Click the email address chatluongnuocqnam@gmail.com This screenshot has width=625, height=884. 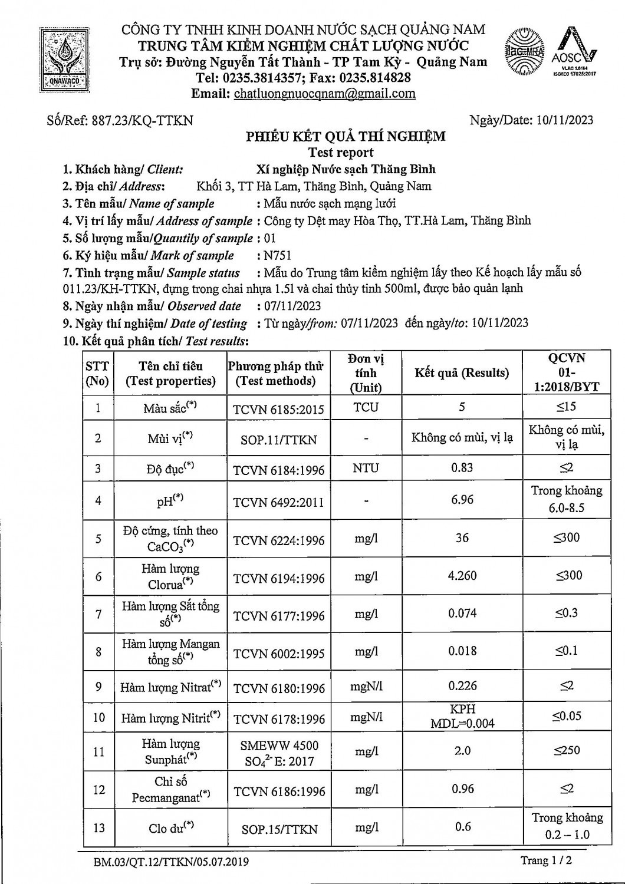click(x=324, y=94)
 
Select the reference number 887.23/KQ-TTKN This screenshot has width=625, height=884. click(x=142, y=120)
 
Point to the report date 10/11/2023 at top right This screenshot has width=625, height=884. click(x=565, y=120)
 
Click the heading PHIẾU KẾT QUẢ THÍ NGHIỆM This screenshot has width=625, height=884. click(x=346, y=137)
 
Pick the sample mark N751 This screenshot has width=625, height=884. click(x=278, y=255)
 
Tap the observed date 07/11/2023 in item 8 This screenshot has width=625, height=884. click(x=290, y=306)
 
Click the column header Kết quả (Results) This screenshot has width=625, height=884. click(x=462, y=372)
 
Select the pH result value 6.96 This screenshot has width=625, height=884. click(x=462, y=500)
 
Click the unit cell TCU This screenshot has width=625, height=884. click(x=366, y=407)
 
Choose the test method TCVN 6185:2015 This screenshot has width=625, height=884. click(x=279, y=409)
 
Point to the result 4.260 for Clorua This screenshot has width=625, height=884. click(x=462, y=576)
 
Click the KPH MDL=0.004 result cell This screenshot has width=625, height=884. click(x=462, y=717)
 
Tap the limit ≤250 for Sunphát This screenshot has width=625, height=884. click(x=567, y=750)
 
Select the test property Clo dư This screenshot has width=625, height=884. click(x=171, y=827)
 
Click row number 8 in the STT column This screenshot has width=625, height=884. click(x=98, y=652)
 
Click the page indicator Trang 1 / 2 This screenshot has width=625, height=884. click(x=546, y=860)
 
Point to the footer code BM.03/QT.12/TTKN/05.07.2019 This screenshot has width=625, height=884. click(x=171, y=862)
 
